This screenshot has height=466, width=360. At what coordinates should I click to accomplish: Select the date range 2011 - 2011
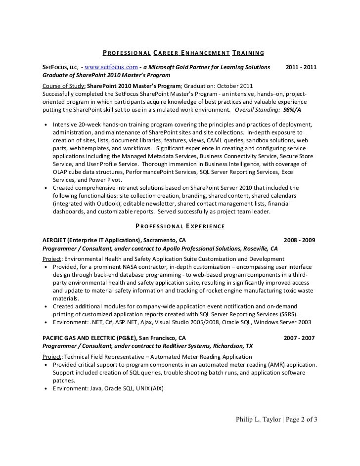pyautogui.click(x=302, y=67)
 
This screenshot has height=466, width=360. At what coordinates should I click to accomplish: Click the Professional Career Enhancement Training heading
pyautogui.click(x=183, y=53)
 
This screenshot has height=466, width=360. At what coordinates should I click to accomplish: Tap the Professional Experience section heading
pyautogui.click(x=180, y=227)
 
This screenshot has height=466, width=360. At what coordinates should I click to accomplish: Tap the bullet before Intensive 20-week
pyautogui.click(x=46, y=125)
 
